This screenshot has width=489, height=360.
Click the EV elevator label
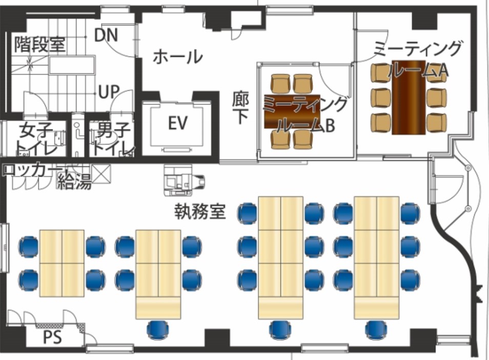[x=178, y=122]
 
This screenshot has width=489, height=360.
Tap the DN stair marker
[x=106, y=35]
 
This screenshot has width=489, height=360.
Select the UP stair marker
[x=109, y=92]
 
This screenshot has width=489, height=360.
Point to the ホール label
[x=177, y=57]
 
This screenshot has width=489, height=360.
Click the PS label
[x=52, y=337]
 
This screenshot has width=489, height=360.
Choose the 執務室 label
[x=200, y=211]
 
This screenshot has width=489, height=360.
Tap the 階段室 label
[x=40, y=45]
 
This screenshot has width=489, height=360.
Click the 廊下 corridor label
[x=240, y=108]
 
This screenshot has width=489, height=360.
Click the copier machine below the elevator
[x=184, y=180]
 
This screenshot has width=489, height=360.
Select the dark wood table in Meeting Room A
[x=409, y=97]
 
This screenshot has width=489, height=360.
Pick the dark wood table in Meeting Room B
[x=292, y=112]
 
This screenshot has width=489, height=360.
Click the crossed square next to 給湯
[x=101, y=174]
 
